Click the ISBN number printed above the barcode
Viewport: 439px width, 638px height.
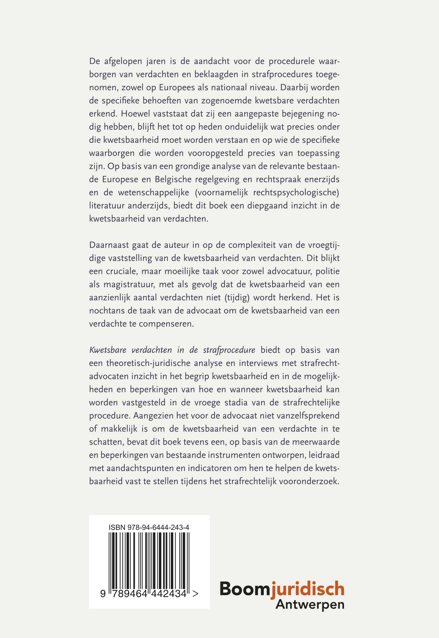149,527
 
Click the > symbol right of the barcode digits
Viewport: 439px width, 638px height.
195,594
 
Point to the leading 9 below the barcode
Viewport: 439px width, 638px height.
103,594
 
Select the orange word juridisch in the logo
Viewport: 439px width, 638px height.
308,589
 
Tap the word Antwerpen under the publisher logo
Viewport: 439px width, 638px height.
310,604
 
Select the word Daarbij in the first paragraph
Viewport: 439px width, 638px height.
295,87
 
